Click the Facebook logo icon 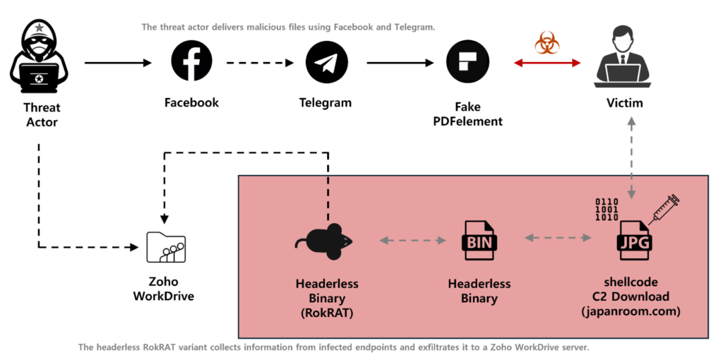pos(191,62)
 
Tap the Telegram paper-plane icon pos(326,62)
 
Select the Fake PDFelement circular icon pos(468,62)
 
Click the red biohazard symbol pos(546,44)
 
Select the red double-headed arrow pos(547,63)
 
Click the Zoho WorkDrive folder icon pos(165,247)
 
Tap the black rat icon pos(324,241)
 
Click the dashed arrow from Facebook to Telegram pos(259,63)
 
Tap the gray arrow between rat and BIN pos(413,241)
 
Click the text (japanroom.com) pos(630,311)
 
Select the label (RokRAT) pos(327,311)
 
